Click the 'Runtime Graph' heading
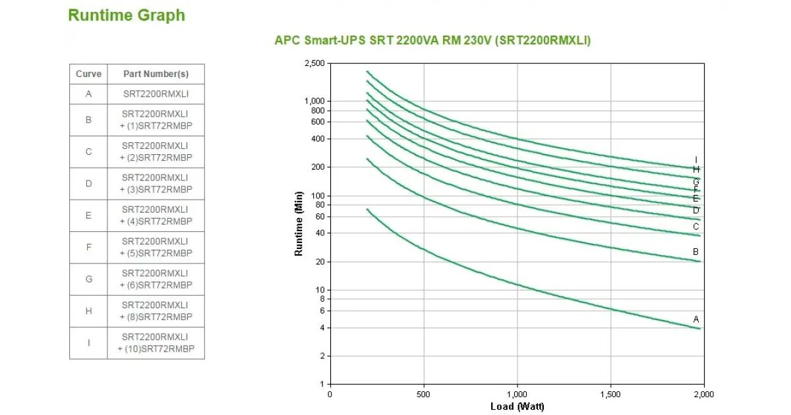click(x=127, y=16)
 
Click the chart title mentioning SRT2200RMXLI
click(x=432, y=40)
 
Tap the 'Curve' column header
click(x=88, y=74)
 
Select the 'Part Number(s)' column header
click(x=156, y=74)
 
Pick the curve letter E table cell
click(x=88, y=215)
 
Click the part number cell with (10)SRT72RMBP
click(x=156, y=343)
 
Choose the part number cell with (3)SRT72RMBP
click(x=156, y=184)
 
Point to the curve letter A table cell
click(x=88, y=94)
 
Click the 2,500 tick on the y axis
click(x=314, y=63)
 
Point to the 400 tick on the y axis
click(x=318, y=139)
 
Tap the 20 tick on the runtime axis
click(x=320, y=262)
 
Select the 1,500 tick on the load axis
click(x=610, y=395)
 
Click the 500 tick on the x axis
click(x=423, y=395)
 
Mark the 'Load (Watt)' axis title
click(x=517, y=406)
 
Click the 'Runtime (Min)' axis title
click(x=299, y=224)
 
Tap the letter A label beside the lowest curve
click(x=696, y=319)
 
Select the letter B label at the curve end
click(x=695, y=252)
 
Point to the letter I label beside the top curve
click(x=696, y=160)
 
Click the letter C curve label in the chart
click(x=695, y=227)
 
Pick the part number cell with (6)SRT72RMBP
click(x=156, y=279)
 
